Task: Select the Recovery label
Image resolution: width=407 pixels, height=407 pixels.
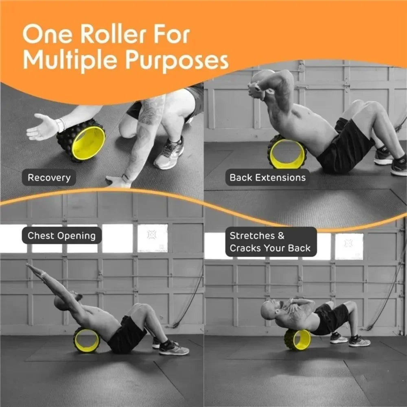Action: (49, 177)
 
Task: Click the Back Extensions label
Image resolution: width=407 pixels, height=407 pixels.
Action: (267, 177)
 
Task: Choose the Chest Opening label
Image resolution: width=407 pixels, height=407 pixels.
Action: (61, 236)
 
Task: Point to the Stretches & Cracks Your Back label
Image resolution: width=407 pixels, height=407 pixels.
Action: (271, 242)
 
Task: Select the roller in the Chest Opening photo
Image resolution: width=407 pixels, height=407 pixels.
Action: (86, 340)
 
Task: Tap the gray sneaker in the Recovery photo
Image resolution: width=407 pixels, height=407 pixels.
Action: (169, 154)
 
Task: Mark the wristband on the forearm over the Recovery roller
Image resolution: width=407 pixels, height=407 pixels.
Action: (61, 125)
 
